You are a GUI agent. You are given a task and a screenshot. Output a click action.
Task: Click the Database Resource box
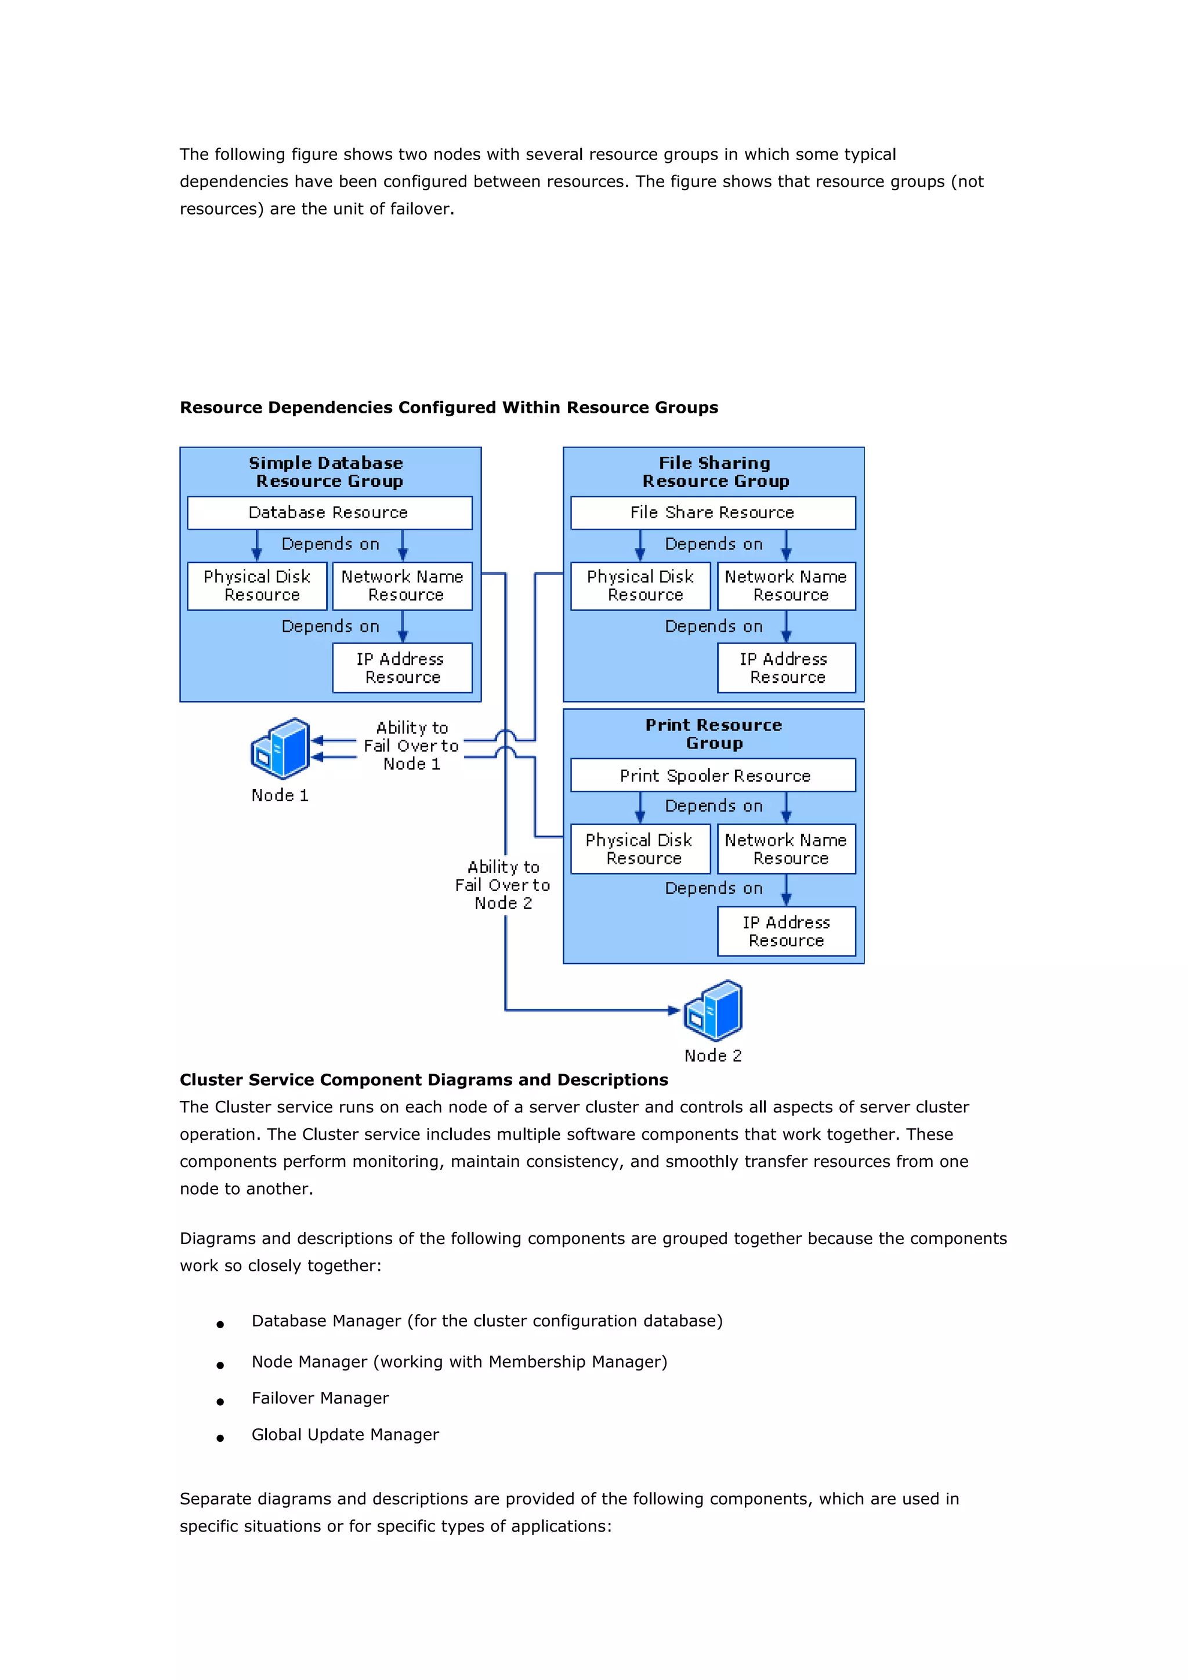(329, 512)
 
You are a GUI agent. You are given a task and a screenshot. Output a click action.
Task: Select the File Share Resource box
(712, 512)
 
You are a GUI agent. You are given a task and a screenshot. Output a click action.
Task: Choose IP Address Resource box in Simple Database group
(402, 667)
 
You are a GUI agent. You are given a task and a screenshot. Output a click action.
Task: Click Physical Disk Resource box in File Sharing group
(640, 586)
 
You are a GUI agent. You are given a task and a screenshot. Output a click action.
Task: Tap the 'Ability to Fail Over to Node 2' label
(503, 885)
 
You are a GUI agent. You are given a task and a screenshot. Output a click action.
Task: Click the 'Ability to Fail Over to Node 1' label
(411, 746)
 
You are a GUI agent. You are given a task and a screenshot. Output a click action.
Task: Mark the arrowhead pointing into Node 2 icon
(674, 1010)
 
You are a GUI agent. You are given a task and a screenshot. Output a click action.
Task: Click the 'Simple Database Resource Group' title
(328, 472)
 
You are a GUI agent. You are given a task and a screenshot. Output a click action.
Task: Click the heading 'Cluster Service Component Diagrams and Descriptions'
(424, 1079)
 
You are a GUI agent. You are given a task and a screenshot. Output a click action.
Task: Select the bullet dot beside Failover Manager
(220, 1401)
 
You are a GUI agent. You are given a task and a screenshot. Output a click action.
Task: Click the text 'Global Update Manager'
(345, 1434)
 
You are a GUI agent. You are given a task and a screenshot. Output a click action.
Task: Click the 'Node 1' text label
(280, 795)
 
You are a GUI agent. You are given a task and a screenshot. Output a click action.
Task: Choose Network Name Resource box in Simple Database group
(402, 586)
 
